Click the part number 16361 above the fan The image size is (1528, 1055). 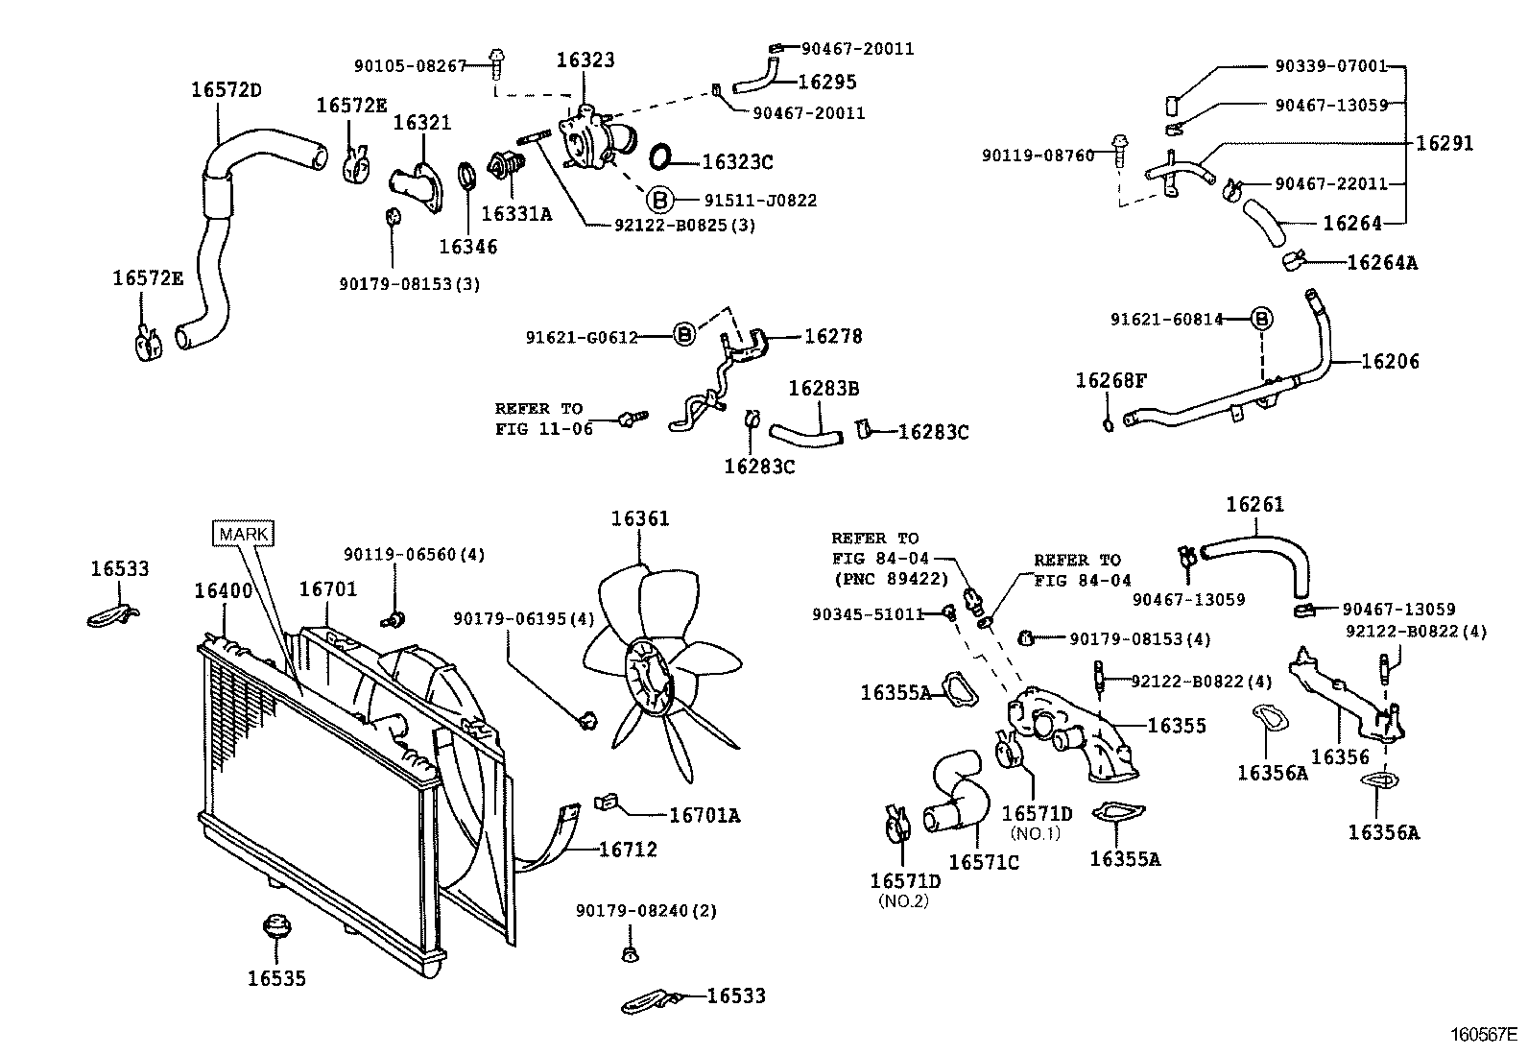pos(640,519)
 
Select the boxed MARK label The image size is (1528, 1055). pos(245,534)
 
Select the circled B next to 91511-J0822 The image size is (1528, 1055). pos(659,200)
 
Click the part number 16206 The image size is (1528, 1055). pos(1390,362)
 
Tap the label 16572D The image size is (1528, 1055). pos(227,90)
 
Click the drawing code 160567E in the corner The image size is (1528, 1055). pos(1483,1035)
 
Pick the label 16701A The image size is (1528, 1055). pos(704,816)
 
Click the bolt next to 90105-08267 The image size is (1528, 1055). pos(496,64)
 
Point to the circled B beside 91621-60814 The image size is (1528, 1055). pos(1262,319)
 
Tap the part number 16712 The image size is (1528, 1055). pos(628,850)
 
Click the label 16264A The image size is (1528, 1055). pos(1381,263)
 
